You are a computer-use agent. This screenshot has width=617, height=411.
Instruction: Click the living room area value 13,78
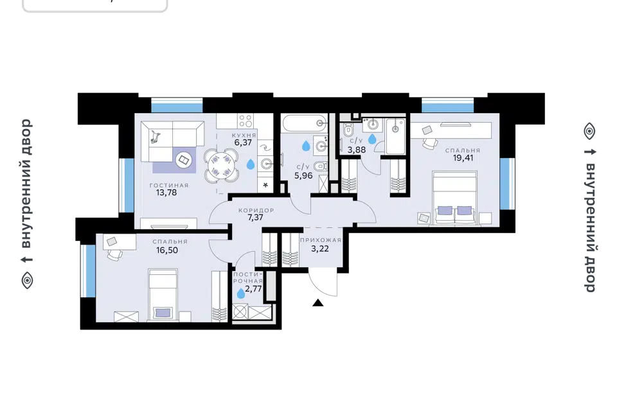coord(166,193)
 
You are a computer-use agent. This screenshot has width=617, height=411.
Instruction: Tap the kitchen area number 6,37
coord(243,143)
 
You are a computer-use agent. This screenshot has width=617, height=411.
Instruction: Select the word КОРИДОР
coord(256,211)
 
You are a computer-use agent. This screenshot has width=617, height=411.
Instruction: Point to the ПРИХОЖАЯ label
coord(320,240)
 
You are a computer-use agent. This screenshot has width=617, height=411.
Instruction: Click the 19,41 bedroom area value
coord(463,158)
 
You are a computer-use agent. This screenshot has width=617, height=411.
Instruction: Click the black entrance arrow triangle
coord(318,302)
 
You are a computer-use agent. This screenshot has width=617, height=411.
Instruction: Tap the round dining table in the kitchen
coord(220,166)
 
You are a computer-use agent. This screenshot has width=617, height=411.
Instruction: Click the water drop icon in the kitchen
coord(250,164)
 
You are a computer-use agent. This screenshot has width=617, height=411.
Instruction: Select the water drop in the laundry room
coord(241,293)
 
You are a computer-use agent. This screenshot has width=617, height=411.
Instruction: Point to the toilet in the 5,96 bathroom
coord(320,167)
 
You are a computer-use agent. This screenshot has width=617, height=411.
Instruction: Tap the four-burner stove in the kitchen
coord(246,120)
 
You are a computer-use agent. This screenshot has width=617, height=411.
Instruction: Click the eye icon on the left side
coord(27,281)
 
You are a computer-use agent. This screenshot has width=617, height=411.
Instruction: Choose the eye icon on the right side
coord(589,131)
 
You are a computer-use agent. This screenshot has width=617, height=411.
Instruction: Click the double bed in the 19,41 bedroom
coord(454,198)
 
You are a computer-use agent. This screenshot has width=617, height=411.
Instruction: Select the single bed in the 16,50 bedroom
coord(163,295)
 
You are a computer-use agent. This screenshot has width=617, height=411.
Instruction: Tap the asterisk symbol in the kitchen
coord(265,185)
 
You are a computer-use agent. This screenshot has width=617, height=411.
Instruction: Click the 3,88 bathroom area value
coord(357,150)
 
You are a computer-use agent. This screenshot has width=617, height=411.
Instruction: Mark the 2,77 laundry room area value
coord(253,289)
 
